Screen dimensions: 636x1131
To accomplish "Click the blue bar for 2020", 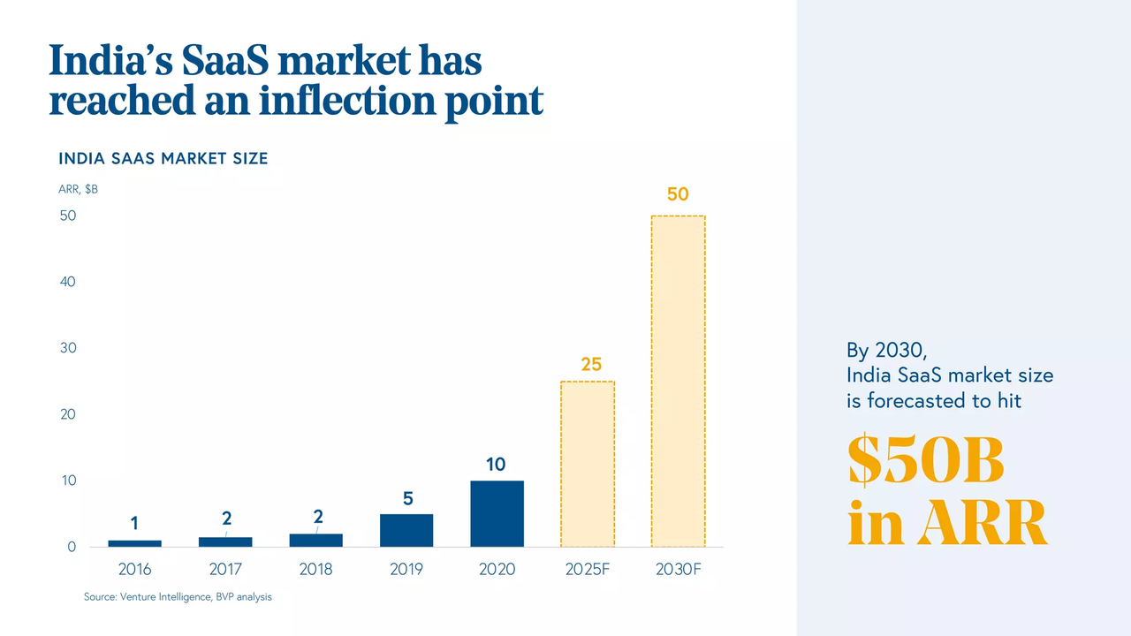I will pos(497,513).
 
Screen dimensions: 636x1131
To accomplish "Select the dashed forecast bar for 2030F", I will pos(678,381).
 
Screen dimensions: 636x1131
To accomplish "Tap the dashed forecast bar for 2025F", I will pos(588,464).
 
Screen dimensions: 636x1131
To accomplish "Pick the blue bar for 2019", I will pos(406,530).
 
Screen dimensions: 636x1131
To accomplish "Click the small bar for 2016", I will pos(134,543).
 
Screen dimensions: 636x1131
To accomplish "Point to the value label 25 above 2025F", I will pos(591,364).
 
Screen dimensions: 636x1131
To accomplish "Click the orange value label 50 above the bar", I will pos(678,194).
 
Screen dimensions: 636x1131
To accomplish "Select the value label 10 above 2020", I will pos(496,464).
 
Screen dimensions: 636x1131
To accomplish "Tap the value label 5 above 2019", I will pos(407,498).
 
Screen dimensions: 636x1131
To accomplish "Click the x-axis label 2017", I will pos(225,570).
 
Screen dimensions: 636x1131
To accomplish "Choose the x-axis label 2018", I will pos(315,570).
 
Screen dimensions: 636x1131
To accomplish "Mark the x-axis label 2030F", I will pos(679,570).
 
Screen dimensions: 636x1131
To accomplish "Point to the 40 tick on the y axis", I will pos(68,282).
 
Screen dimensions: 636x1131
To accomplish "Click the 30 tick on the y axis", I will pos(68,348).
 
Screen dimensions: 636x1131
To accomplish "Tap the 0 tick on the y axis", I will pos(72,547).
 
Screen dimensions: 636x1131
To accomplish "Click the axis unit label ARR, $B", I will pos(78,189).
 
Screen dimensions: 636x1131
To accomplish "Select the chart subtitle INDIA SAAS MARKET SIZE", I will pos(163,159).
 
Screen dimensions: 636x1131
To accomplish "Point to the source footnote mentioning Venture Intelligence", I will pos(178,597).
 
